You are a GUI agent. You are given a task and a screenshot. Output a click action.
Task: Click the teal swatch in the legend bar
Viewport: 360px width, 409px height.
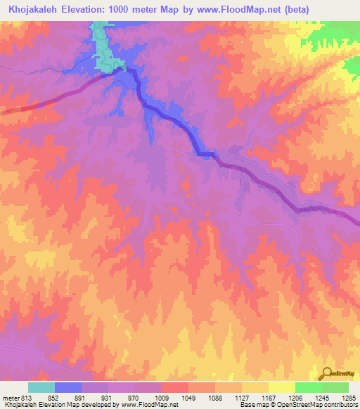41,387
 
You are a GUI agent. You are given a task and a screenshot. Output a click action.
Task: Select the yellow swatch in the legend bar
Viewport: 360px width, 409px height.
282,387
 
